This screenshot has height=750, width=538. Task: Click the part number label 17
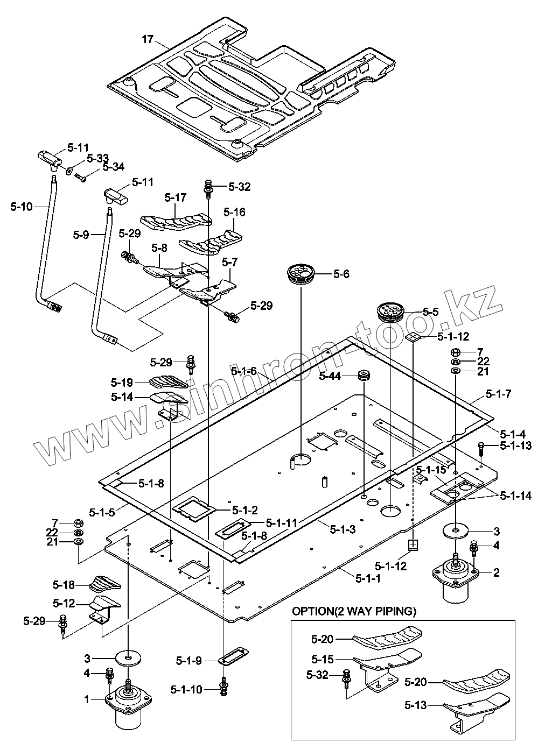[148, 39]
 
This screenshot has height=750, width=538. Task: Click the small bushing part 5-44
[365, 375]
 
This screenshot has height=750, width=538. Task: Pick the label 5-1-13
[515, 445]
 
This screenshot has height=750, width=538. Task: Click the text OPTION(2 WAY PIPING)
[354, 611]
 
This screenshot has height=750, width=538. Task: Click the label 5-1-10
[186, 689]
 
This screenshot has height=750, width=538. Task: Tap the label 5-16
[234, 213]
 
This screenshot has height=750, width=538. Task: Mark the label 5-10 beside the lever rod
[22, 206]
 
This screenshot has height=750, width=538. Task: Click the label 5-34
[113, 167]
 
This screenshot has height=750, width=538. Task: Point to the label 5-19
[122, 383]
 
